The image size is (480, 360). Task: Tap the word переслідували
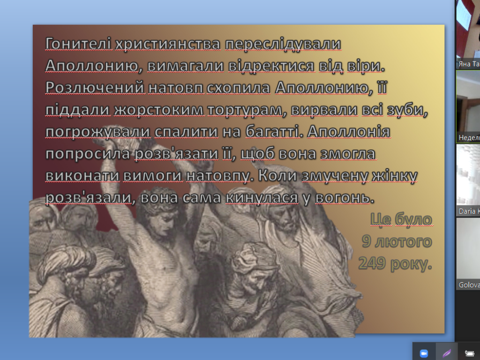[283, 44]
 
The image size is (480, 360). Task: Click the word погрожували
[98, 132]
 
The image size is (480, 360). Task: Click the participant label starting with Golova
[469, 285]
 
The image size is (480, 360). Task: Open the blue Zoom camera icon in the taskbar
[424, 352]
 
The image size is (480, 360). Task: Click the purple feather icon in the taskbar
[447, 352]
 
